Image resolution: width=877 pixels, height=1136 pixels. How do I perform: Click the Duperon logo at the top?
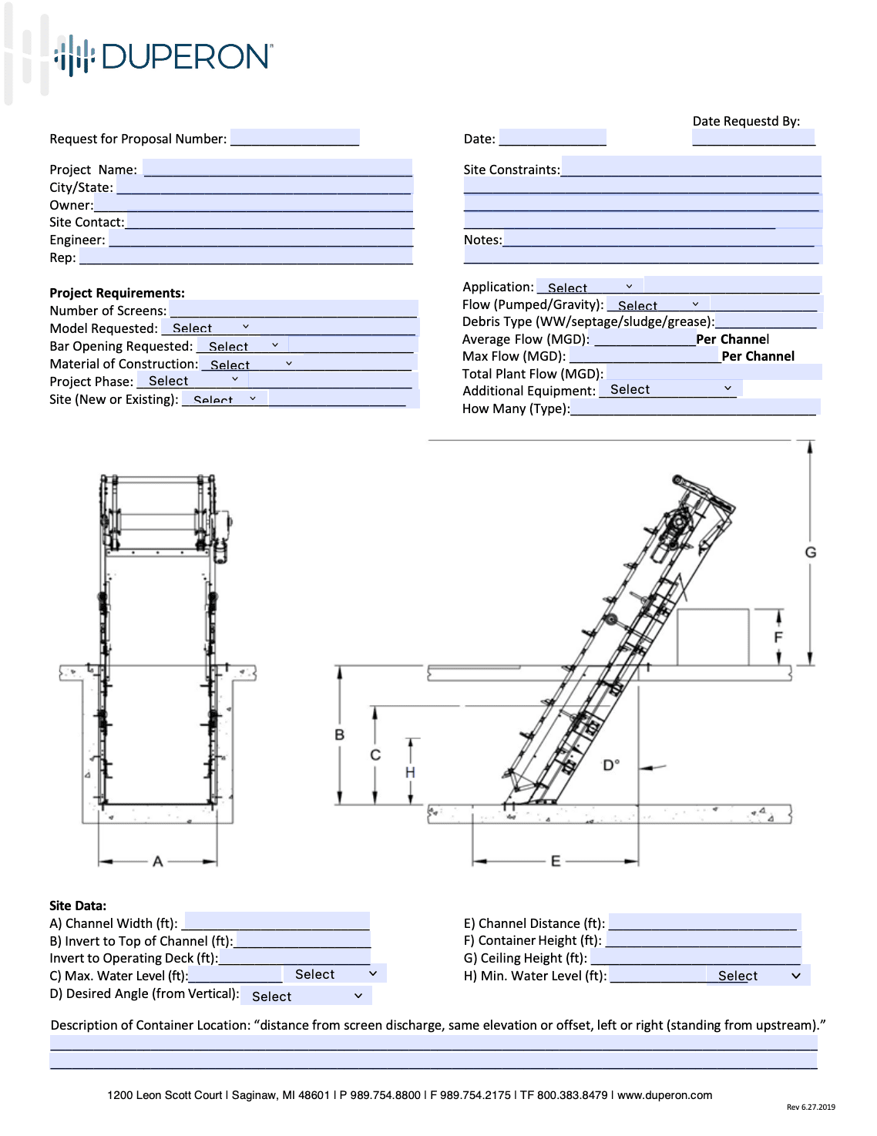[163, 56]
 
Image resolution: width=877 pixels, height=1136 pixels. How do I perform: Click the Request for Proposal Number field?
[294, 138]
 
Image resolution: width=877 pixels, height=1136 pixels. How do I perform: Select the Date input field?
[553, 138]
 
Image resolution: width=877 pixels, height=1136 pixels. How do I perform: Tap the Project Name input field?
[277, 168]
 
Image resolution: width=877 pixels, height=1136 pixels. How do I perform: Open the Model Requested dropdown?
[210, 328]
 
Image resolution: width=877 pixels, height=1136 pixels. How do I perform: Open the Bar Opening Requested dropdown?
[242, 346]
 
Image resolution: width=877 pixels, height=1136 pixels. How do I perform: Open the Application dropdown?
[589, 287]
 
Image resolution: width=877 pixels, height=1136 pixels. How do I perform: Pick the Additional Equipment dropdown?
[670, 389]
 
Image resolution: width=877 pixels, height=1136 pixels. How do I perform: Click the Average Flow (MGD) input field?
[644, 339]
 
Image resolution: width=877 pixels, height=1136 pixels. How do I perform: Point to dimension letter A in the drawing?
[158, 862]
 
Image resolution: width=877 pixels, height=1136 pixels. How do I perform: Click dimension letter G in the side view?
[811, 552]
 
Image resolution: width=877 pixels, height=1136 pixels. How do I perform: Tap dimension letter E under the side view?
[556, 861]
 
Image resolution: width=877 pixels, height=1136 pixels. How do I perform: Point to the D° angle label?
[610, 765]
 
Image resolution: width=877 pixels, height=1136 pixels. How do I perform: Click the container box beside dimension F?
[713, 637]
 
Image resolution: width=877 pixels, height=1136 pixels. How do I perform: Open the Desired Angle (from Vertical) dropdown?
[306, 996]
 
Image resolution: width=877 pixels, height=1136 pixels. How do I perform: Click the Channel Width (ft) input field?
[277, 922]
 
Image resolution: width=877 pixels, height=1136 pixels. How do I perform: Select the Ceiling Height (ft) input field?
[695, 957]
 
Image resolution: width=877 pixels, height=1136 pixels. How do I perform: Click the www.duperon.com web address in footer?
[664, 1095]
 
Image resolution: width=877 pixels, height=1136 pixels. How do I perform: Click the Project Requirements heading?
[117, 293]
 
